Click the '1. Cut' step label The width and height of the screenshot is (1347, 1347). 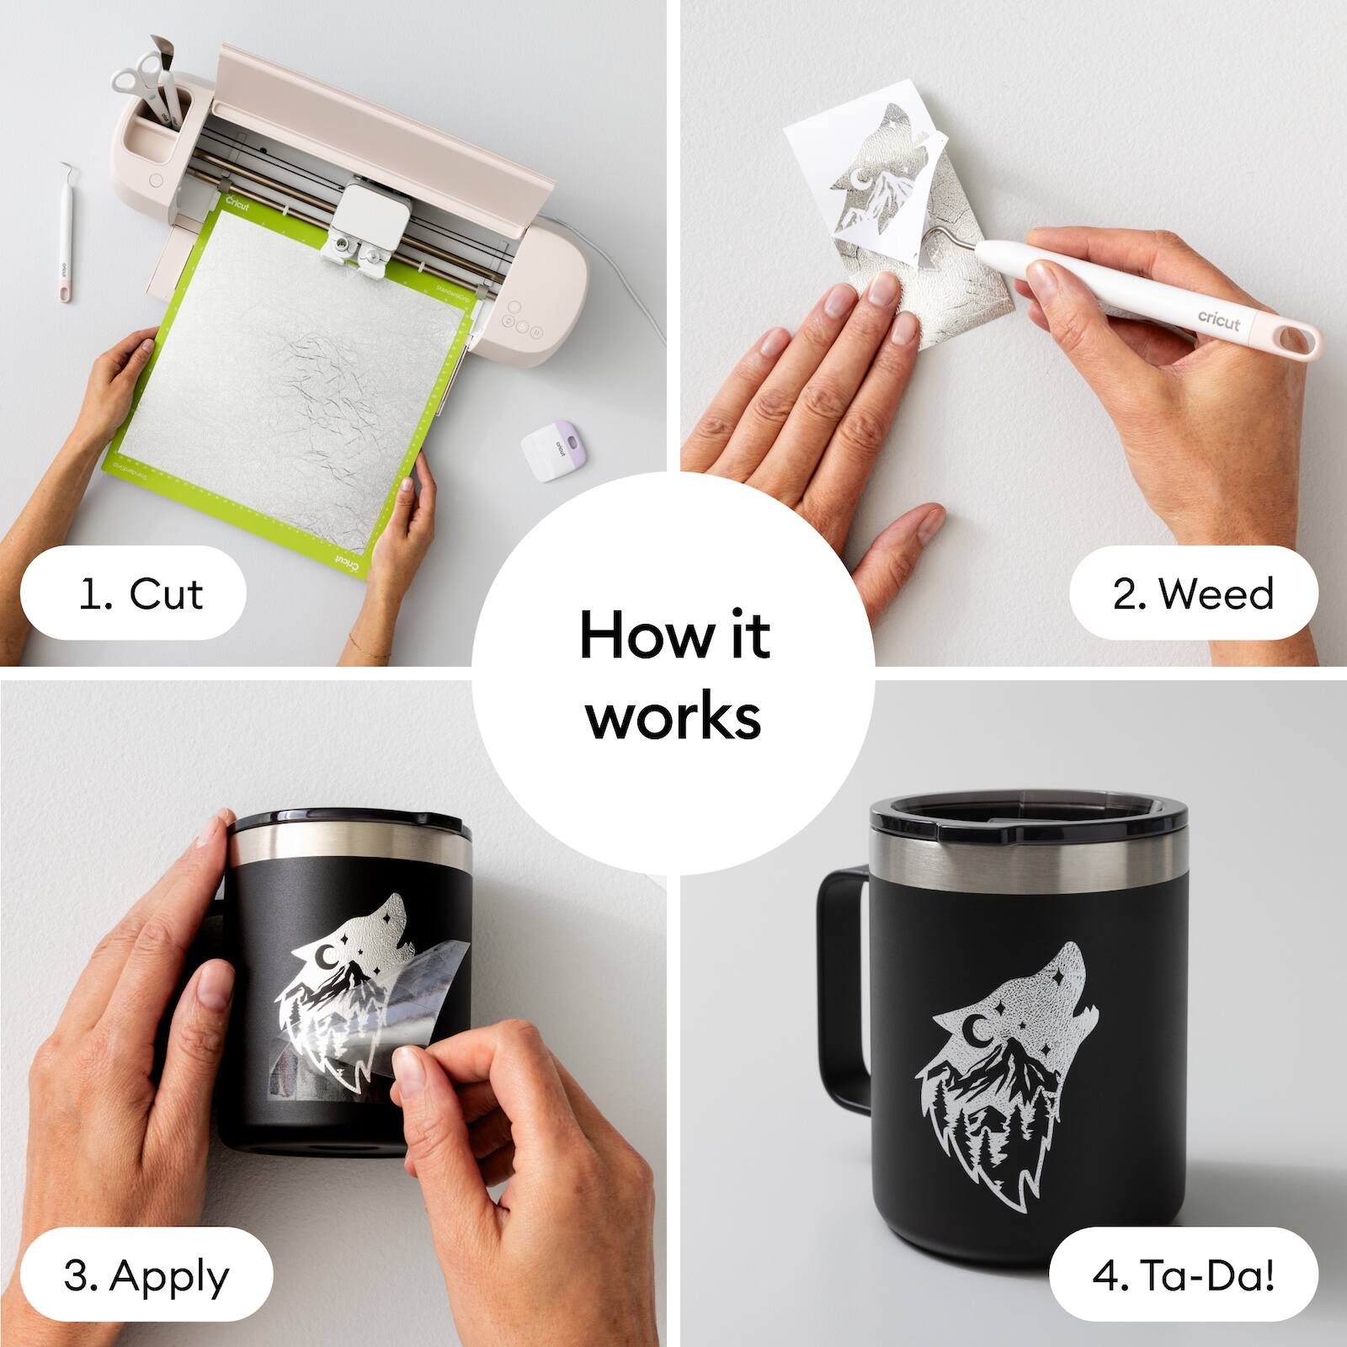[x=133, y=594]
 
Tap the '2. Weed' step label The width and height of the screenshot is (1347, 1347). [x=1193, y=594]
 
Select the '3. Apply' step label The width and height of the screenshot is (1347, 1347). [x=145, y=1275]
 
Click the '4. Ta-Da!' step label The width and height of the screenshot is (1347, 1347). [x=1183, y=1275]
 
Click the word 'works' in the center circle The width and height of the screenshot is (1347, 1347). [x=673, y=717]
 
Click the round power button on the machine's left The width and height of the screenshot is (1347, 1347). [x=156, y=179]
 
